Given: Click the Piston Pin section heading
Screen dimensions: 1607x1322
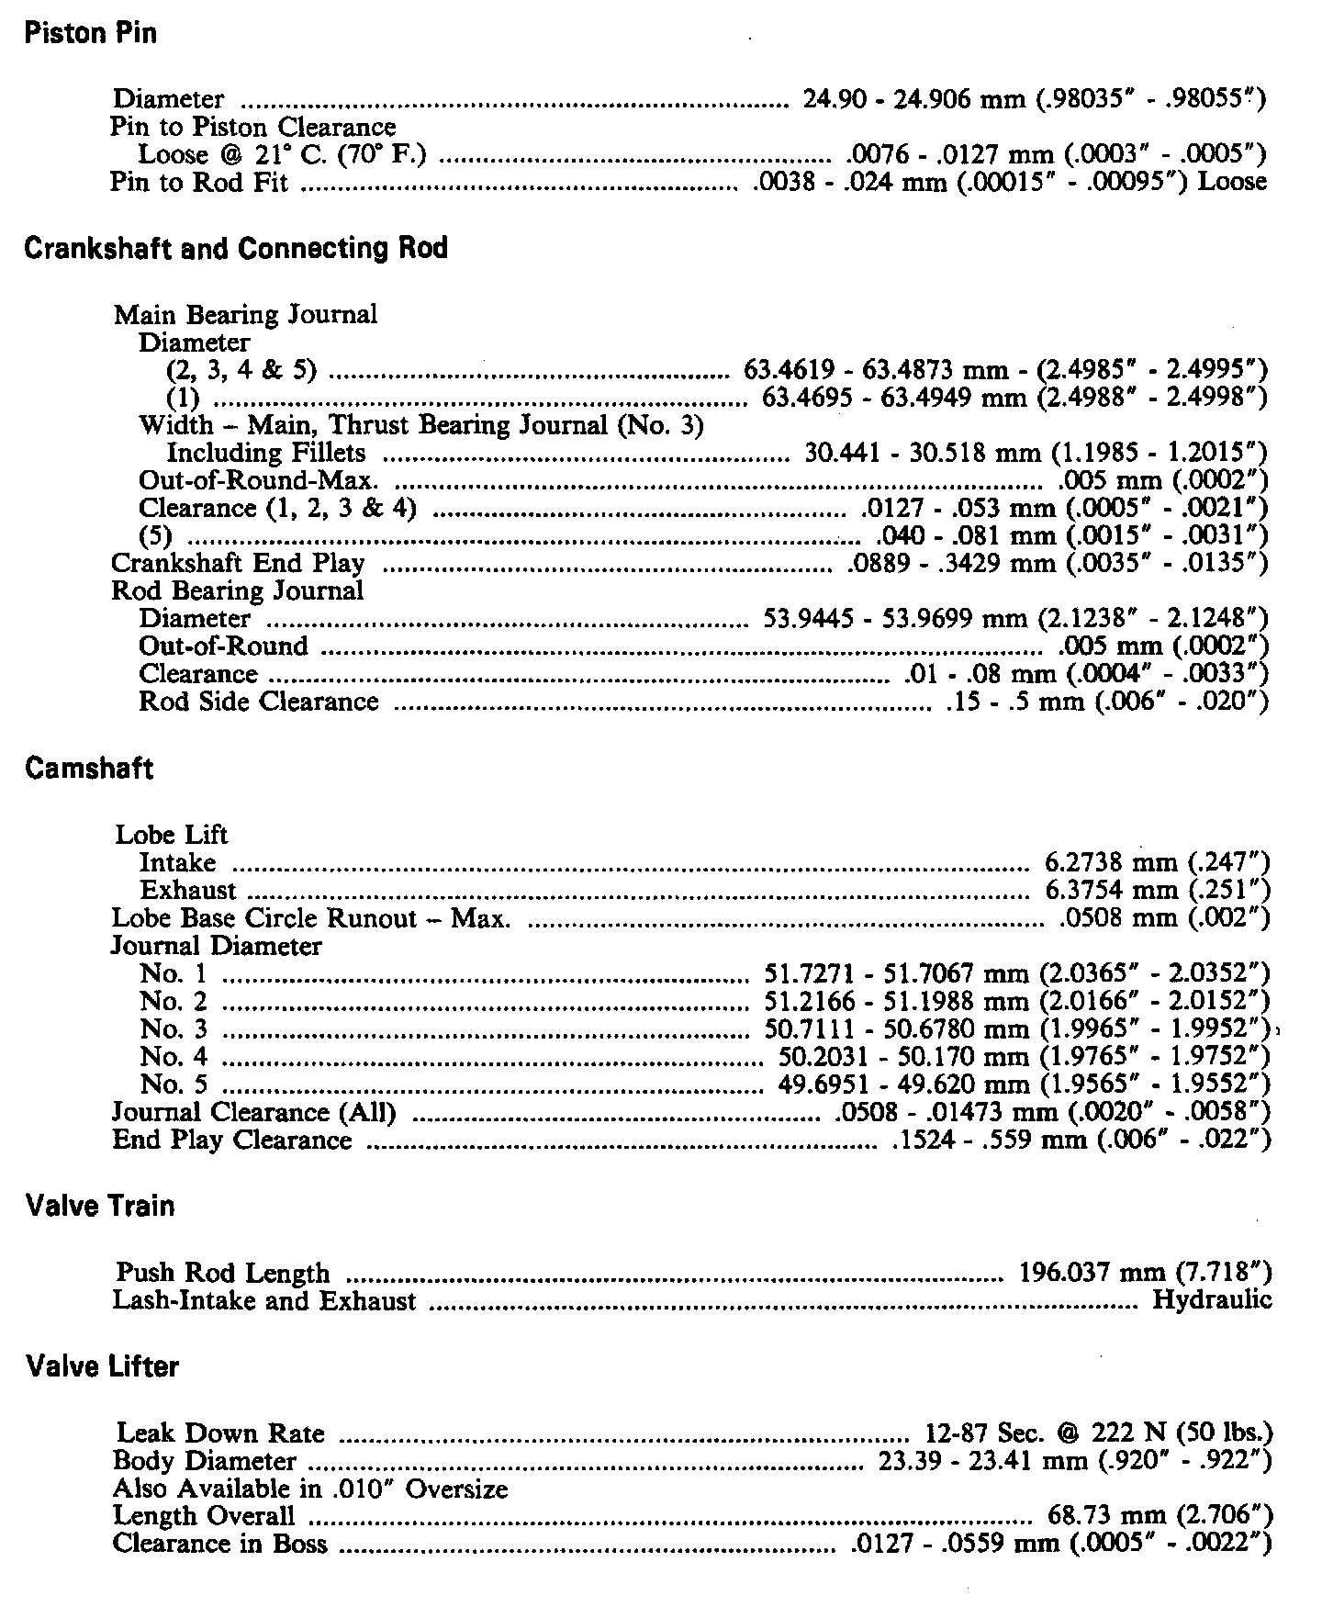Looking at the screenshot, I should click(90, 34).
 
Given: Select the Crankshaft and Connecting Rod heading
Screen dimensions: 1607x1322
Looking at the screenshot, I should click(236, 249).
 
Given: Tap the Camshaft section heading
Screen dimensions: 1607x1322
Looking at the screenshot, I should click(88, 769).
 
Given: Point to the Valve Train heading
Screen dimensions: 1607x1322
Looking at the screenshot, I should click(100, 1205).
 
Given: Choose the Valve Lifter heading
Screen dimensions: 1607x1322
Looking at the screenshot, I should click(102, 1366).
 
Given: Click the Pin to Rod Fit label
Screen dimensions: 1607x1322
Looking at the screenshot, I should click(199, 182).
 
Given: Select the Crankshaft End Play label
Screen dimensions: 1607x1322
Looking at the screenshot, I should click(238, 563).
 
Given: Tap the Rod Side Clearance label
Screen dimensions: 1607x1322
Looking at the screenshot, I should click(258, 702).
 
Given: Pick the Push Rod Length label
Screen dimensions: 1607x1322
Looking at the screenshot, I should click(222, 1273).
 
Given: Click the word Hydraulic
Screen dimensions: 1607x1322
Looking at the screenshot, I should click(1212, 1300).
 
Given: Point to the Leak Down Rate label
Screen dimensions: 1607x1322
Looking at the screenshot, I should click(220, 1433).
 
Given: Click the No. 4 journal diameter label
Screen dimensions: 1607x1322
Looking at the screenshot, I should click(174, 1056).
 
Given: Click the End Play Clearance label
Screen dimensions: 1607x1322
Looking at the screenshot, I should click(231, 1141).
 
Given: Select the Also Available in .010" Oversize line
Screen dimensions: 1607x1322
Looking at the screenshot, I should click(309, 1488).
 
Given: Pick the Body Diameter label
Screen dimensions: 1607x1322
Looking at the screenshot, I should click(204, 1460).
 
